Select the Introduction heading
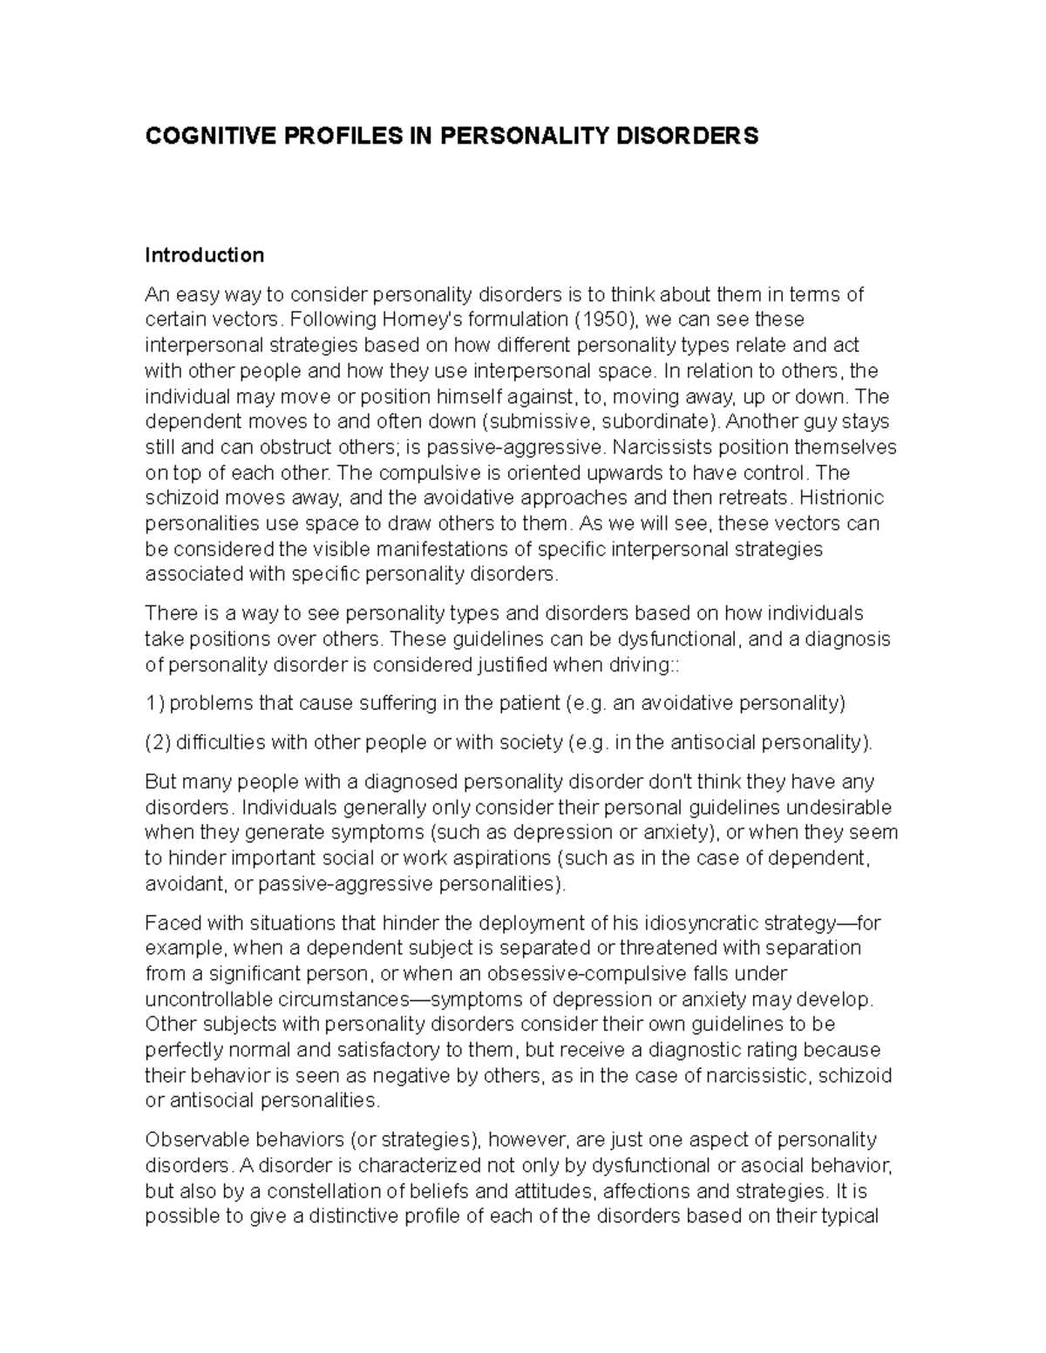pyautogui.click(x=204, y=255)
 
